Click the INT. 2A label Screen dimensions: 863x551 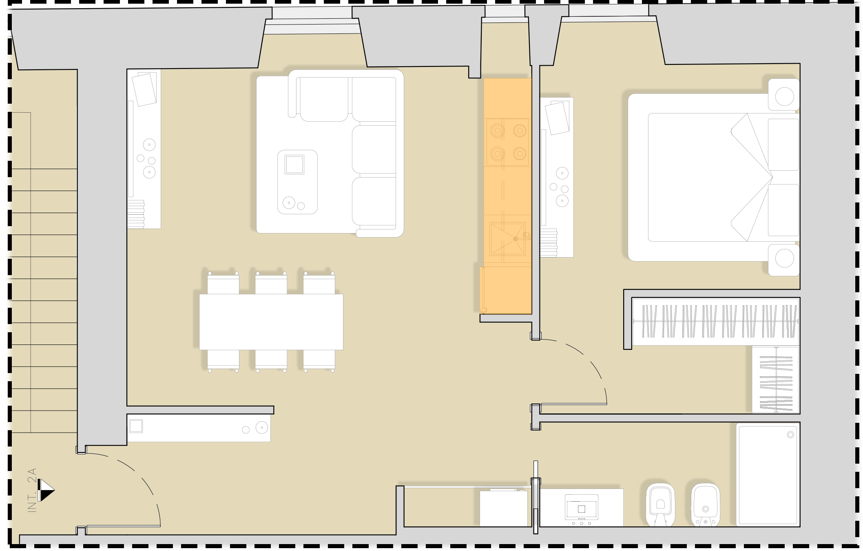[32, 490]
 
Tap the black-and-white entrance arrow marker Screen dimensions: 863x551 [46, 490]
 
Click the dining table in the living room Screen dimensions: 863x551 [271, 322]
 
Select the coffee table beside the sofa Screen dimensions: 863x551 [297, 182]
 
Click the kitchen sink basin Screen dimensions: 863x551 [507, 238]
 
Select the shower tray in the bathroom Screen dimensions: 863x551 [768, 475]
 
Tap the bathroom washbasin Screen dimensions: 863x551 [582, 508]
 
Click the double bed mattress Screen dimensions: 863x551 [710, 177]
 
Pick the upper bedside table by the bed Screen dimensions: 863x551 [783, 95]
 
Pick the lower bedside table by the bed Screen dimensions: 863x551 [783, 260]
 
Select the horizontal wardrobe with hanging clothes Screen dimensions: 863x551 [715, 322]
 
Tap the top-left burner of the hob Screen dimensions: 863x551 [497, 131]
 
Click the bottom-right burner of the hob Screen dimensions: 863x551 [520, 154]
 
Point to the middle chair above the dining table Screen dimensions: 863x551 [271, 283]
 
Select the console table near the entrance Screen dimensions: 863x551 [199, 428]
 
